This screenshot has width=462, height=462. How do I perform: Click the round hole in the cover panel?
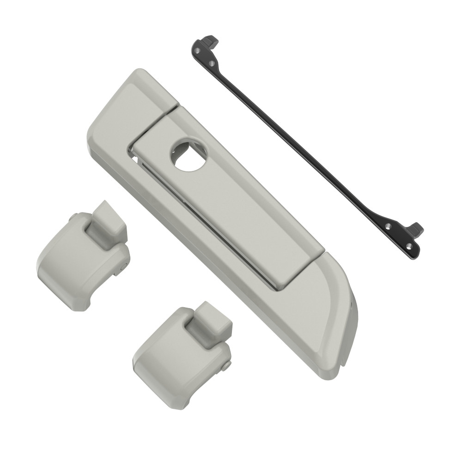pyautogui.click(x=189, y=155)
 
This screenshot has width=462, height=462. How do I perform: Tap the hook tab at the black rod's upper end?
pyautogui.click(x=211, y=42)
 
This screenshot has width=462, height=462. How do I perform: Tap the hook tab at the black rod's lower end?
pyautogui.click(x=415, y=228)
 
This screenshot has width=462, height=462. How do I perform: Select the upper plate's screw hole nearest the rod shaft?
pyautogui.click(x=212, y=62)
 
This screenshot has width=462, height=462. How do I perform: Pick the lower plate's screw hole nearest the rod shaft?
pyautogui.click(x=388, y=226)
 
